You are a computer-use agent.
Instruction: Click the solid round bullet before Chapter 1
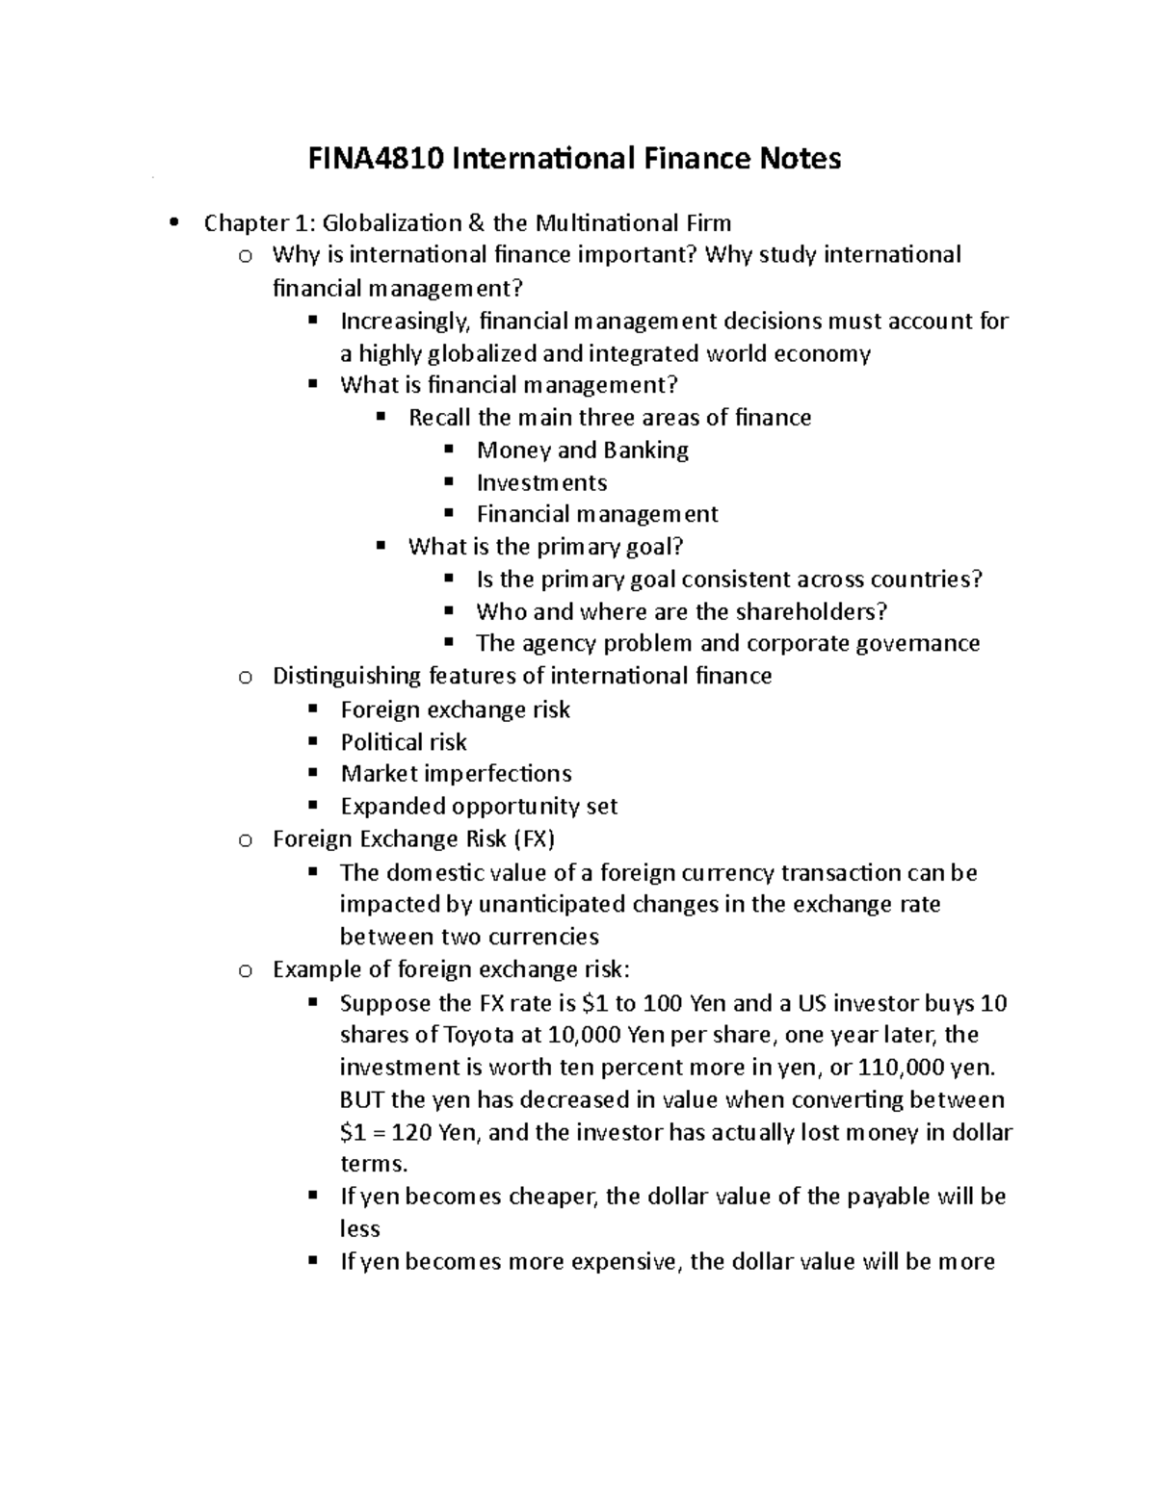(173, 224)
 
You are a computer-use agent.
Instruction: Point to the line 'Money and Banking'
(582, 450)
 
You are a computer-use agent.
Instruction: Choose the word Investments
(541, 482)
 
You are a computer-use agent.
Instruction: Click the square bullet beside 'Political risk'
(312, 741)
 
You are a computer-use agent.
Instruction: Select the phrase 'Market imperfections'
(456, 774)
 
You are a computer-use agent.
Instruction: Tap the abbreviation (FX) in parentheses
(534, 838)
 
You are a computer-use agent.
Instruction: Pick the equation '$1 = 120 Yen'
(409, 1132)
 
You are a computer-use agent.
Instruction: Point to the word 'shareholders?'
(811, 611)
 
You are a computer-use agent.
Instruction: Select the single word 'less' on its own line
(359, 1228)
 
